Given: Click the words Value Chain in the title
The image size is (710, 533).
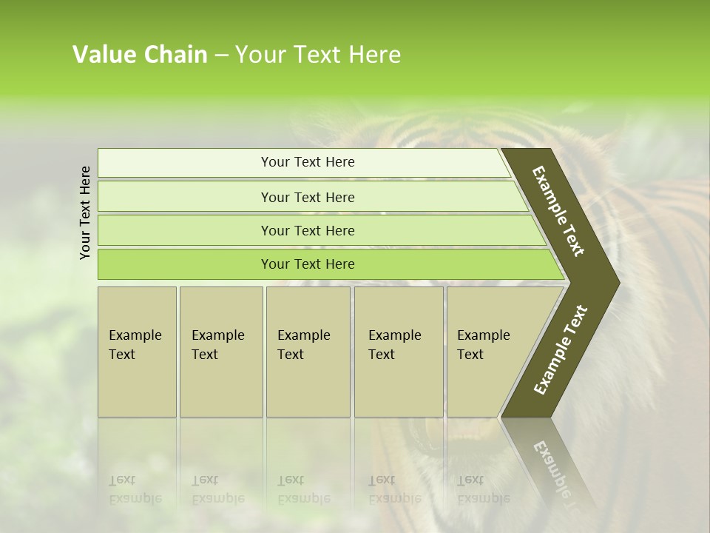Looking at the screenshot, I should click(140, 55).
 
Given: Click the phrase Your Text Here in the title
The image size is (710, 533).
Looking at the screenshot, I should click(318, 55).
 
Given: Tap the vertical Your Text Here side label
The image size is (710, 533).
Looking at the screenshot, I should click(85, 212).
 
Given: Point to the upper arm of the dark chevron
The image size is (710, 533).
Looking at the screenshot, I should click(558, 211).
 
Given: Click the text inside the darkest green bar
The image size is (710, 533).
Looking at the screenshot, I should click(308, 264).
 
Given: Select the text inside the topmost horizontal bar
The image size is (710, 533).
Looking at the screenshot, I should click(308, 162).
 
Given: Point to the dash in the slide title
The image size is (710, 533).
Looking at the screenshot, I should click(221, 56).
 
